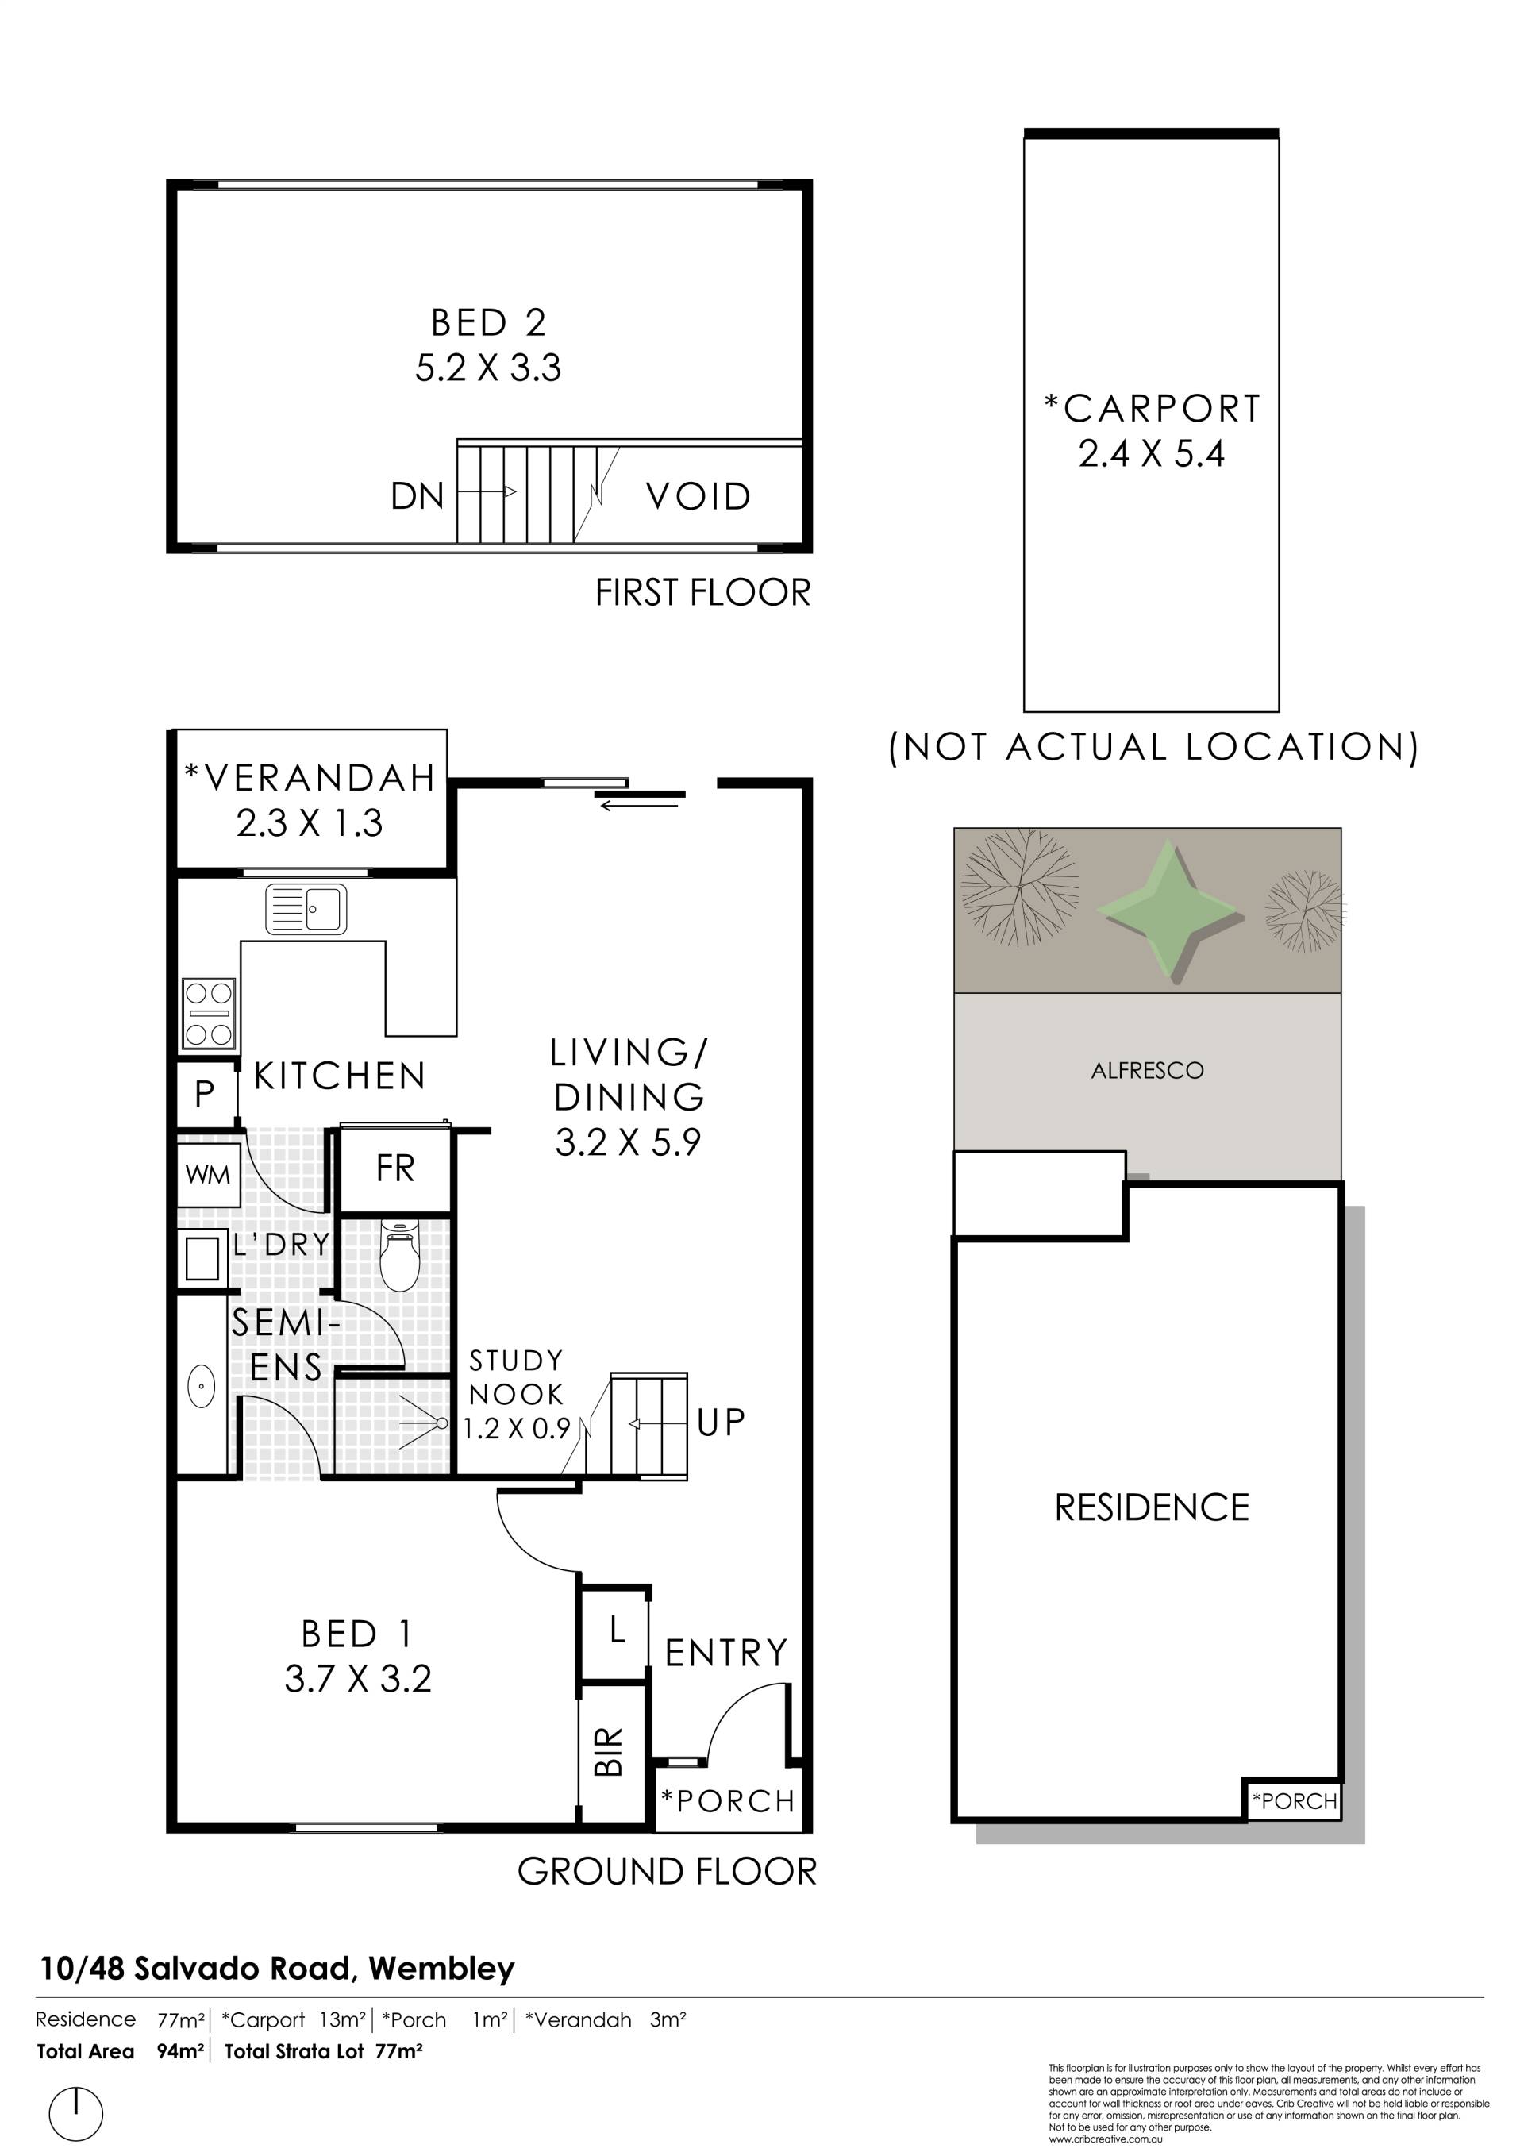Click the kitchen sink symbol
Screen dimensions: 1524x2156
306,909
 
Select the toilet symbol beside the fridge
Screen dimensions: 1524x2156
399,1257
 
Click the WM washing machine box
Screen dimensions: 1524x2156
207,1174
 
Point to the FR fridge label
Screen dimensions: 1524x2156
395,1169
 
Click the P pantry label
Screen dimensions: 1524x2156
205,1093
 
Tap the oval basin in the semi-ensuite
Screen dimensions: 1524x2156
202,1386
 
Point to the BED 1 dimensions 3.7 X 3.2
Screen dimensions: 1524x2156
358,1679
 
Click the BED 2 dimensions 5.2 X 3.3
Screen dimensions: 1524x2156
488,368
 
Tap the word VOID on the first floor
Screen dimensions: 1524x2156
698,497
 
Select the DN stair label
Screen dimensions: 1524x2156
418,496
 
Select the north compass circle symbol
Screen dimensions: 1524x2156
75,2113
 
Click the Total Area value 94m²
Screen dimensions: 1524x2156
180,2052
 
